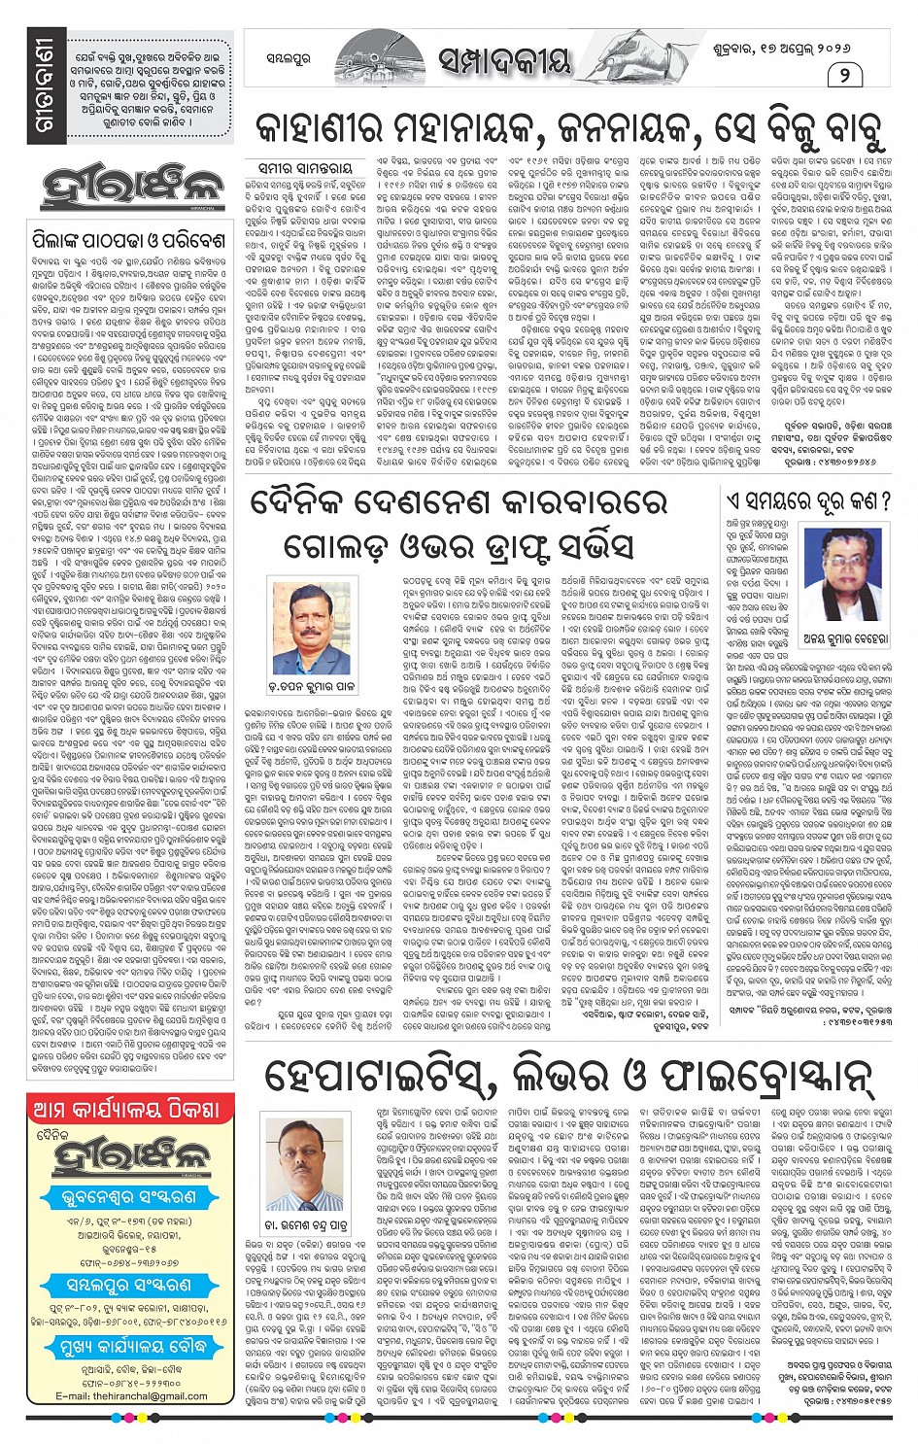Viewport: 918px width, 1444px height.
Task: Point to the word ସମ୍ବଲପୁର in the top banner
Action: click(289, 58)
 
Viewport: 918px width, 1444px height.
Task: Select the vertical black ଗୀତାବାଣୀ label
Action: click(46, 90)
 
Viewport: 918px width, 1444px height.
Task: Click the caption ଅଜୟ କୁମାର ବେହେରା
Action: click(844, 638)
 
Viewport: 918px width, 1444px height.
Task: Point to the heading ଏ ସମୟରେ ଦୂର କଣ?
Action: click(809, 501)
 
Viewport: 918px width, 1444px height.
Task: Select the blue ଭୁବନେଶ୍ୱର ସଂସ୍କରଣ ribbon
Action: click(130, 1198)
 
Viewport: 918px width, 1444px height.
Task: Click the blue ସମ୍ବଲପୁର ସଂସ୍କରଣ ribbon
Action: click(130, 1285)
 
